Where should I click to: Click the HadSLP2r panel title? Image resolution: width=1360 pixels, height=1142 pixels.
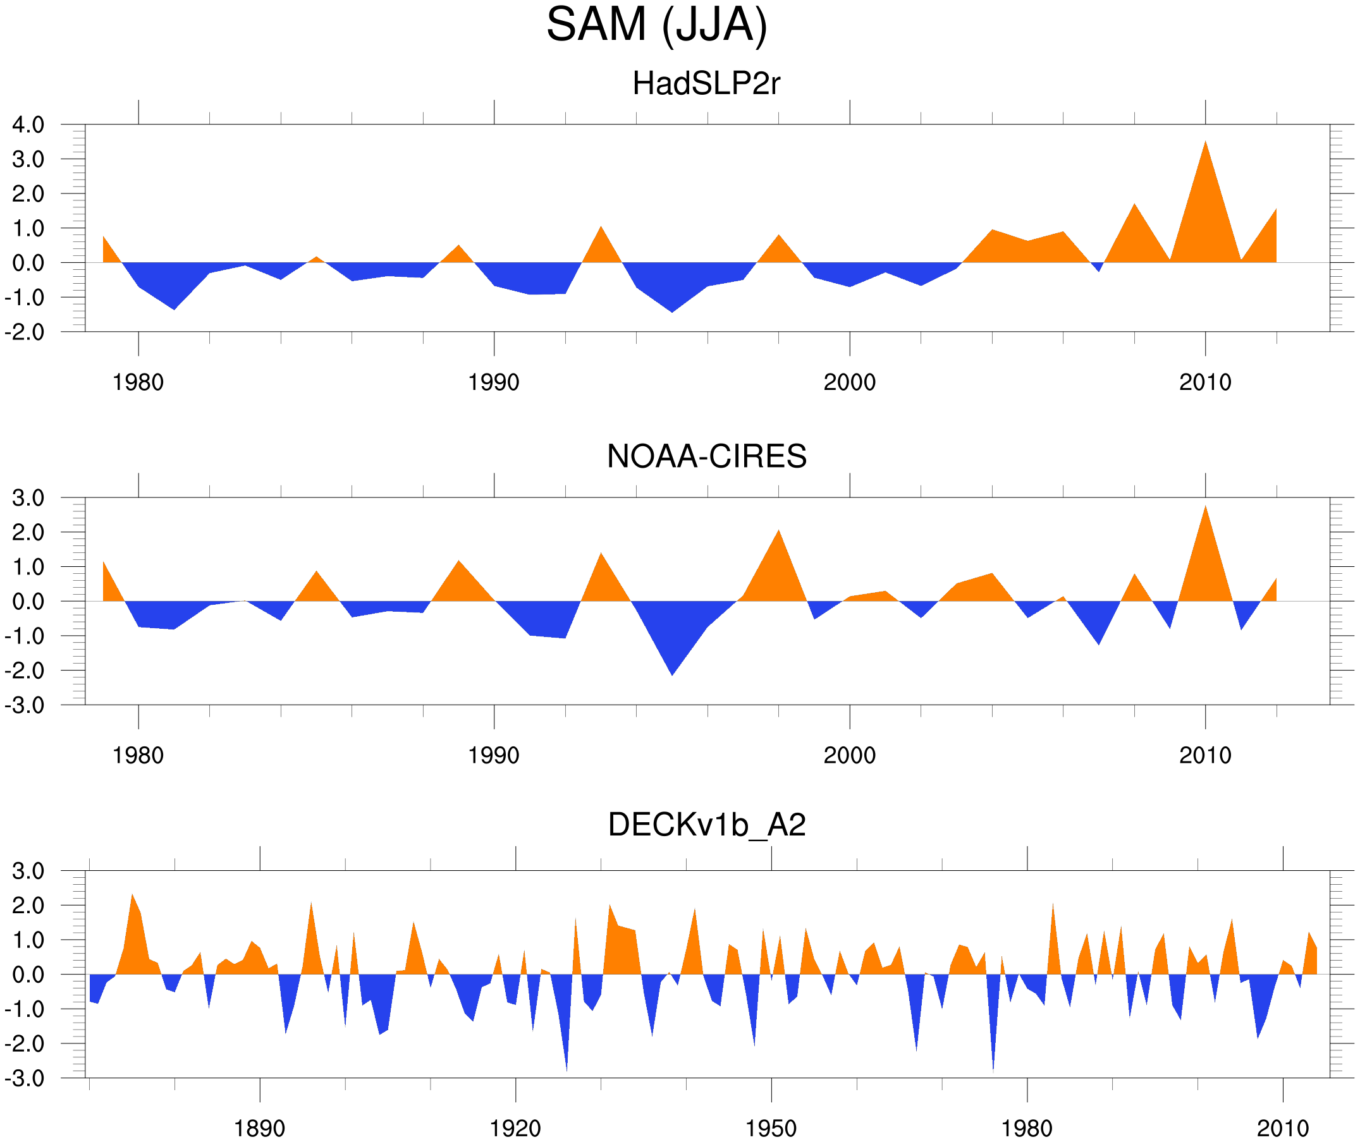(x=706, y=83)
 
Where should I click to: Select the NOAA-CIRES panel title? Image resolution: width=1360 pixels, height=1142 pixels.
(x=706, y=456)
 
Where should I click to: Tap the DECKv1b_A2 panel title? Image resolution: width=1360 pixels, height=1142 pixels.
(x=706, y=825)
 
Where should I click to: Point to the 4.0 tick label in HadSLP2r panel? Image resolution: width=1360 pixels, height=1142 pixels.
(x=28, y=125)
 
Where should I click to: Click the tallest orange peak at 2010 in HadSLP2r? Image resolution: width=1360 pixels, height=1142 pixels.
(x=1205, y=143)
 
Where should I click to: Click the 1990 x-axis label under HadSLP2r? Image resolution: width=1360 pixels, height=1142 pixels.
(x=494, y=382)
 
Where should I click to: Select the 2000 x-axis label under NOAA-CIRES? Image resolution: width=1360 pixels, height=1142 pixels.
(x=849, y=755)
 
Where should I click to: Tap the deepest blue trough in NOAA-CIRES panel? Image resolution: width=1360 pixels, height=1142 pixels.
(x=672, y=673)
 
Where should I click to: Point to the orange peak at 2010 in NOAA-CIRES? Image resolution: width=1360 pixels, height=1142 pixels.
(x=1205, y=508)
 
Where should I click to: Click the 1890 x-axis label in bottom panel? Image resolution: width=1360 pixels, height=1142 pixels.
(x=259, y=1128)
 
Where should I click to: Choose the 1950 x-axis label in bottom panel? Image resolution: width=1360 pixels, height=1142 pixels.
(x=771, y=1128)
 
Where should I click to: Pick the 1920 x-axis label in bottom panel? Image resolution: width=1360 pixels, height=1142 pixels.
(x=515, y=1128)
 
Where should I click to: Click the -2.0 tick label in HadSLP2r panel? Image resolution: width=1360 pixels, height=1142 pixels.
(x=25, y=333)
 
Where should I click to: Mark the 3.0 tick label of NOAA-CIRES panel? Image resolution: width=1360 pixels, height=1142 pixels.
(x=28, y=499)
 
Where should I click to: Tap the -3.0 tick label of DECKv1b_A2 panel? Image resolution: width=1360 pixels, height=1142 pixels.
(x=25, y=1079)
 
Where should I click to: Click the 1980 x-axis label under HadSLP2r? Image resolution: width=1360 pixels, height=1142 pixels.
(x=138, y=382)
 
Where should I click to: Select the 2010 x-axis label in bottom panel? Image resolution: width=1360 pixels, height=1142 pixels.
(x=1282, y=1128)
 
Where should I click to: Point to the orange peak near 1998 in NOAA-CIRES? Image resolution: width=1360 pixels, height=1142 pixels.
(x=778, y=533)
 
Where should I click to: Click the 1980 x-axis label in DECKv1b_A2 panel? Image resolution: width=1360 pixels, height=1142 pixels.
(x=1026, y=1128)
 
